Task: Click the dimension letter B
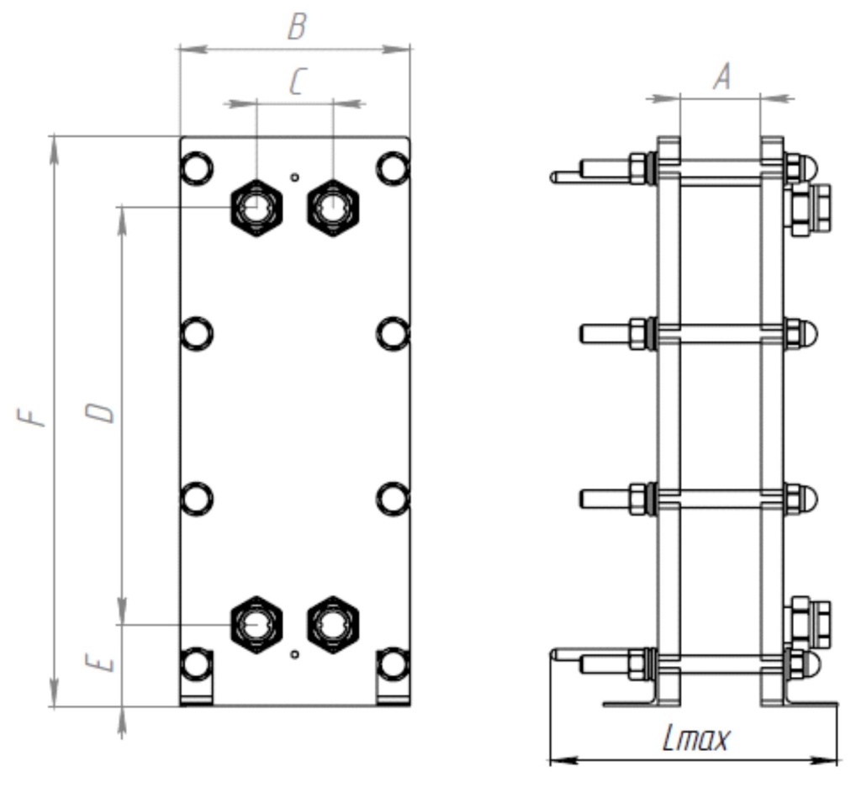(296, 28)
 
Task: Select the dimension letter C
(296, 82)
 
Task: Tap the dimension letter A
(721, 77)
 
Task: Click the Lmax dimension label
(695, 740)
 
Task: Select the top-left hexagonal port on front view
(256, 204)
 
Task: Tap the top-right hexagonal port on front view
(333, 206)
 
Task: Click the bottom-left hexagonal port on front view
(256, 623)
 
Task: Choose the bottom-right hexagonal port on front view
(333, 623)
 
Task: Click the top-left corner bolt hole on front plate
(197, 167)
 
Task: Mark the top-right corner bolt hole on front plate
(392, 167)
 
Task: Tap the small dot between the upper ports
(294, 177)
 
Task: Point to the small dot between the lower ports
(294, 653)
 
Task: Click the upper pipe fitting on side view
(811, 208)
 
